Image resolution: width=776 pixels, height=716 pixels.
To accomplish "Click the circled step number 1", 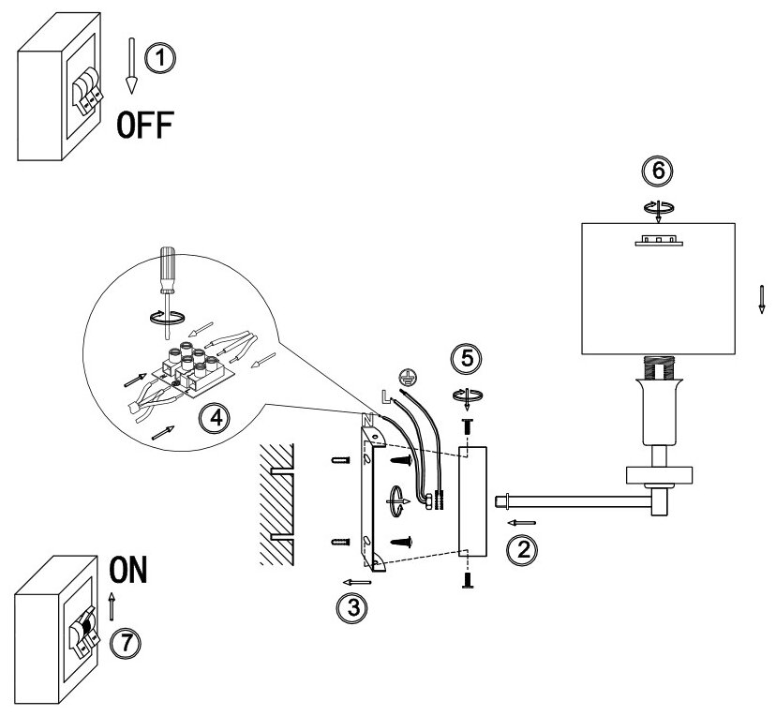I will click(x=162, y=59).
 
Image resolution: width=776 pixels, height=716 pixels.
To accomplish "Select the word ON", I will click(x=128, y=571).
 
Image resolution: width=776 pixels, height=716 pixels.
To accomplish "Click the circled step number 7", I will click(x=123, y=641).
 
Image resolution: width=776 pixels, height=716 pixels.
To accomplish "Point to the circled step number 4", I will click(x=215, y=419).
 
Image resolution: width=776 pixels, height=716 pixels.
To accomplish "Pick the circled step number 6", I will click(x=657, y=171).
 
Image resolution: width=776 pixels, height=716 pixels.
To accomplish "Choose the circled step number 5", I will click(x=466, y=358).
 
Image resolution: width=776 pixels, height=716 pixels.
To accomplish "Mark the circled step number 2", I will click(x=522, y=548).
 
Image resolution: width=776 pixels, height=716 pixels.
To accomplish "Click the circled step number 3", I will click(x=353, y=607).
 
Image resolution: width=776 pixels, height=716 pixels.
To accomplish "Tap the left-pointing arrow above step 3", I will click(x=353, y=581).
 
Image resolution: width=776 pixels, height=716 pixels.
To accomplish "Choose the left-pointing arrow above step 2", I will click(x=522, y=521).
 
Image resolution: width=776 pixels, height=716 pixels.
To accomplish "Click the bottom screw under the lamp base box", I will click(x=467, y=579).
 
